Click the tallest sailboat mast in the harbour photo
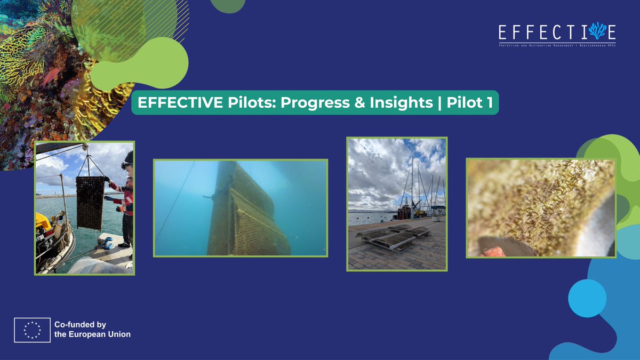click(x=411, y=181)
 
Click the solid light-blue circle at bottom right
click(x=587, y=298)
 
